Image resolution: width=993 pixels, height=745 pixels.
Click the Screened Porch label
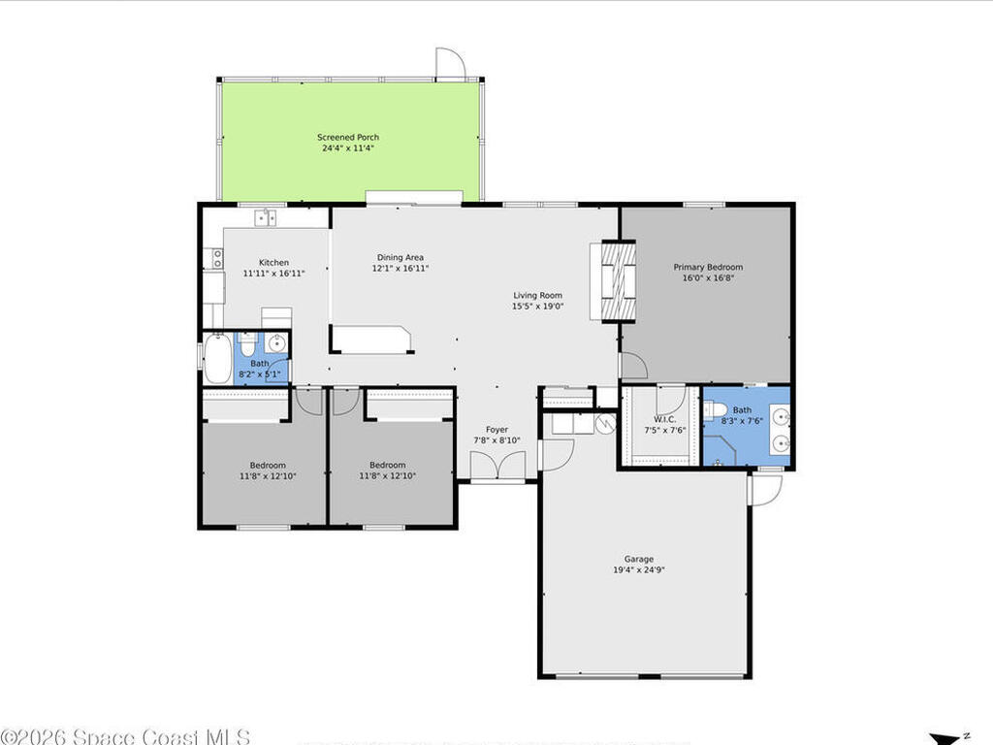coord(348,137)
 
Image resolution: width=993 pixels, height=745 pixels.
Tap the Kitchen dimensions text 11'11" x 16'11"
coord(273,273)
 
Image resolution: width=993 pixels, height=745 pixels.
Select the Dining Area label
coord(400,257)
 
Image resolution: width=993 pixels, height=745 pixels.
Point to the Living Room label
coord(537,295)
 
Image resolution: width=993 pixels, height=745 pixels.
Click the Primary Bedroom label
coord(708,267)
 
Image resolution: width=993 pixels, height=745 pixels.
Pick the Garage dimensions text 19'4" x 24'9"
coord(638,569)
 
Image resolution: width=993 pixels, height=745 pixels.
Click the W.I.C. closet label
coord(664,419)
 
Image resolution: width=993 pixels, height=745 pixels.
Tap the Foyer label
coord(497,430)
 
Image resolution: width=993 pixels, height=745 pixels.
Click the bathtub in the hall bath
coord(218,359)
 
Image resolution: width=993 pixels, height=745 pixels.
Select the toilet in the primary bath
coord(714,410)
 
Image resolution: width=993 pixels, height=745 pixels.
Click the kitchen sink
coord(266,218)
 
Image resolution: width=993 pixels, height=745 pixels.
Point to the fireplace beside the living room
coord(618,281)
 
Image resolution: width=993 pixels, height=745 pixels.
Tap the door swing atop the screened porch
coord(450,63)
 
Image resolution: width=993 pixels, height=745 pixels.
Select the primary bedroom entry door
coord(633,366)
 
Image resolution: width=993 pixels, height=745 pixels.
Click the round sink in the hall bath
coord(276,343)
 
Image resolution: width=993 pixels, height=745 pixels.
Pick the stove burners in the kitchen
coord(217,258)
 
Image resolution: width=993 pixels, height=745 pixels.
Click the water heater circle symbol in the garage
coord(606,423)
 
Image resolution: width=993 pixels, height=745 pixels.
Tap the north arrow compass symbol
coord(948,738)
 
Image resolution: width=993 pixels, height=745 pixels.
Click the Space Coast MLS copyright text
coord(125,737)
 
